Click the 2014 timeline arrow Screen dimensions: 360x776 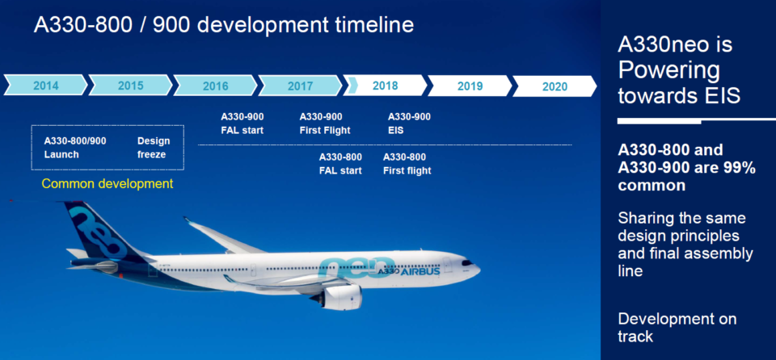click(45, 85)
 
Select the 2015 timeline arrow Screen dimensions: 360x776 click(130, 85)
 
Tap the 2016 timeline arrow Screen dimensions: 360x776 click(215, 85)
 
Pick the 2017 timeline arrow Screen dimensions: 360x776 click(300, 85)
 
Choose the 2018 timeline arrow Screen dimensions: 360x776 click(385, 85)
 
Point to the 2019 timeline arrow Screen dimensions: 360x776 click(470, 85)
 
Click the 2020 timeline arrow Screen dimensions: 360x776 click(555, 85)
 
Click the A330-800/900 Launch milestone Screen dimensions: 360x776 click(74, 147)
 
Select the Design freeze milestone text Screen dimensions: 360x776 click(153, 147)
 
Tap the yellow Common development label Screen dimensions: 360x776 click(107, 183)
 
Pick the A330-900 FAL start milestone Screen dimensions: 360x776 click(242, 123)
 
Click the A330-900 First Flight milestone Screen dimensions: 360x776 click(321, 123)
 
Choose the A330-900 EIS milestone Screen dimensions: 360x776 click(409, 123)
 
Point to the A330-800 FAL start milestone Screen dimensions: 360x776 click(340, 163)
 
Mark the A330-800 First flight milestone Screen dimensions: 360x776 click(407, 163)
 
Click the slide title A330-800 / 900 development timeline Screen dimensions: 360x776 click(224, 24)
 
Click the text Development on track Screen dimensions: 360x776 click(677, 327)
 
